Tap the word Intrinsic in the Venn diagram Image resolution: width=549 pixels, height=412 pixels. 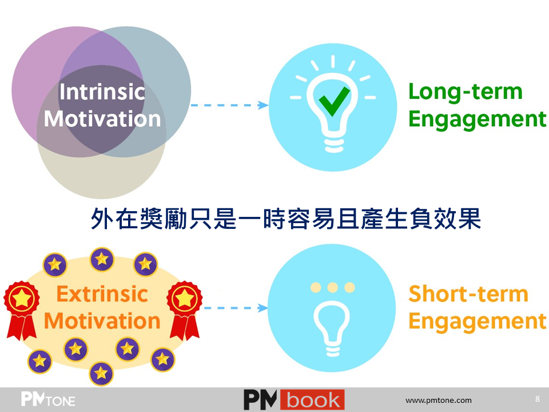102,92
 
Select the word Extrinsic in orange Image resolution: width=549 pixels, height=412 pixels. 102,294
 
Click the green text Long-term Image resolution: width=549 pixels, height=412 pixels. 466,92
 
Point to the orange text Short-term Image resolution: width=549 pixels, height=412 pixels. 468,294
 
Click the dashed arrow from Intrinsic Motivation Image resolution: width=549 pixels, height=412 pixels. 230,105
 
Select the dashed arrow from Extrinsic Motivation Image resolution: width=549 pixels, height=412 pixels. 235,308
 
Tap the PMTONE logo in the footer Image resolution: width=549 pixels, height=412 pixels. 48,399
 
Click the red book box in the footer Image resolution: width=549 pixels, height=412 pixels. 312,400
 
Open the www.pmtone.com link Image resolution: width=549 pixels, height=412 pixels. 439,400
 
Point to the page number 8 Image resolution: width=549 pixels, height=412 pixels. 538,399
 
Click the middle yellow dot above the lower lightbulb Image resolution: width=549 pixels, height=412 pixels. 333,288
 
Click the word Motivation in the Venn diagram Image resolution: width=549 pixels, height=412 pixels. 102,119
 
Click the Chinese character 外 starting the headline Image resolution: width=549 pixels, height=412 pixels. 102,219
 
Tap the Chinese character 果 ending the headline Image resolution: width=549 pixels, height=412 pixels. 470,219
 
